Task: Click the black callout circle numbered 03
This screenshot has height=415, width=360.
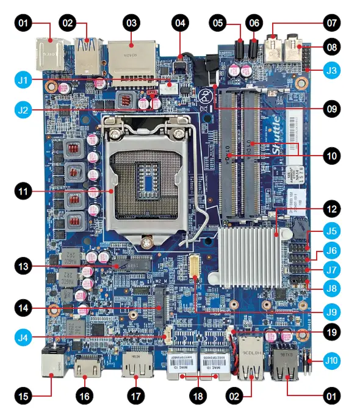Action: point(131,24)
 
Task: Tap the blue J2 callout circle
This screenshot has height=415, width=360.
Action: point(23,110)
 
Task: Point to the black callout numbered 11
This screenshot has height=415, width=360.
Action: point(23,192)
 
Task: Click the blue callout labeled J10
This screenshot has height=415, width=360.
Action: point(331,359)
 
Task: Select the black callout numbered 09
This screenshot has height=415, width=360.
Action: point(331,110)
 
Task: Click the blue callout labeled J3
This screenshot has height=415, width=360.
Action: point(331,71)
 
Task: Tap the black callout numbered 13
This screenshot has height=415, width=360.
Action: point(23,266)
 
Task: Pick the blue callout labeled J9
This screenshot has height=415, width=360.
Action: point(331,312)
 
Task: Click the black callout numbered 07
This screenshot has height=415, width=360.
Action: point(331,24)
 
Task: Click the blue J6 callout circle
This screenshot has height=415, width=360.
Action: point(331,250)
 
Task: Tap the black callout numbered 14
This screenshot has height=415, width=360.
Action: point(23,309)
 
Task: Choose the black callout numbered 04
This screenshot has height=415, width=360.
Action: point(179,24)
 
